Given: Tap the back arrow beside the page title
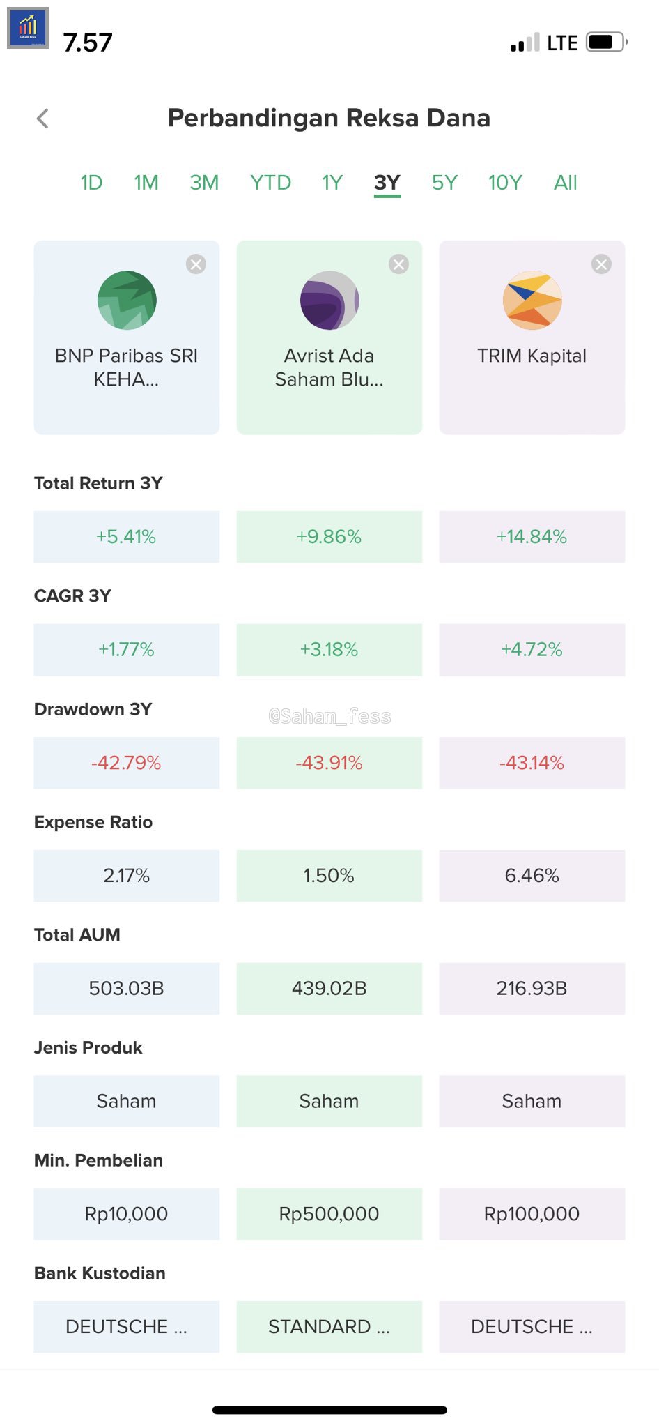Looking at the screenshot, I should pos(43,119).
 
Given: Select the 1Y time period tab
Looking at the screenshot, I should pos(332,183).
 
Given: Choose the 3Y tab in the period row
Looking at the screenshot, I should pos(387,183).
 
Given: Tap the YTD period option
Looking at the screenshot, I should pos(270,183).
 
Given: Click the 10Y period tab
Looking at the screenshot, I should pos(505,183).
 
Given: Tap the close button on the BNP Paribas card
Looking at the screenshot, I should pos(196,264).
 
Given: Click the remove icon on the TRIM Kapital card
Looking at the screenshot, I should pos(601,264).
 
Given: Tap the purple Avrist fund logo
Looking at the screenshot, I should pos(329,301).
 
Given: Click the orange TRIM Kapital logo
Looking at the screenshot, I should pos(532,301).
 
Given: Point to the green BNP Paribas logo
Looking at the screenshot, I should pos(127,301).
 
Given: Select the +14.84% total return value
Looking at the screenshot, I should pos(532,537).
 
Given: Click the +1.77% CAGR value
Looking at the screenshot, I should pos(126,650).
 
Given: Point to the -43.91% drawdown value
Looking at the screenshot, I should pos(329,763).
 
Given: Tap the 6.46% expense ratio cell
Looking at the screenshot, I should pos(532,876).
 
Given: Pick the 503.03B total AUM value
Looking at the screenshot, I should pos(126,988).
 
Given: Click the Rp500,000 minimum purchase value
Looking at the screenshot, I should pos(329,1214).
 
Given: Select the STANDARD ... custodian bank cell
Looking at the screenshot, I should pos(329,1327).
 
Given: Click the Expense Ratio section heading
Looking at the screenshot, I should pos(93,822).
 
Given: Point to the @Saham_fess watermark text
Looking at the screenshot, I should pos(329,716).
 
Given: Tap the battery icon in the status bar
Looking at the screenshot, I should pos(605,43).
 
